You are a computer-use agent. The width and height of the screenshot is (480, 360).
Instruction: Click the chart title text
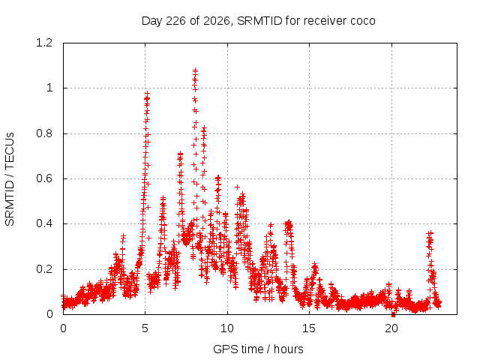point(258,21)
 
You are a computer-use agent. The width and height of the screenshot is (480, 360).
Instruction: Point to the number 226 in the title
point(175,21)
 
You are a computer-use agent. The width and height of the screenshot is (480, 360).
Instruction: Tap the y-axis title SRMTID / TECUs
point(10,179)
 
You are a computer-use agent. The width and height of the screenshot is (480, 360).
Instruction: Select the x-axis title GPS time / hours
point(258,349)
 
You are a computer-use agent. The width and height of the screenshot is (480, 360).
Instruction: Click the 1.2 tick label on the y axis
point(44,43)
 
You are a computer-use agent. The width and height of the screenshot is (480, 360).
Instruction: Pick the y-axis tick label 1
point(49,88)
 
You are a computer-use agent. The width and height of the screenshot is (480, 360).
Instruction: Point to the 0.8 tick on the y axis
point(44,133)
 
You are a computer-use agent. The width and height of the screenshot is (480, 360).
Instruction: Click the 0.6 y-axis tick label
point(44,178)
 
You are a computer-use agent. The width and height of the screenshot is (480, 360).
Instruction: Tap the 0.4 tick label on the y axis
point(44,223)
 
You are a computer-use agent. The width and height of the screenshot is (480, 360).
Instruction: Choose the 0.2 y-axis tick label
point(44,269)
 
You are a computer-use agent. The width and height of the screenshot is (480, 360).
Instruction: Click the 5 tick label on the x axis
point(145,328)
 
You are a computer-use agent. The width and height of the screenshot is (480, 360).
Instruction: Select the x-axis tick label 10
point(227,328)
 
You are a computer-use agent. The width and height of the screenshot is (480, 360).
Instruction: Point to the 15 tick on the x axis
point(309,328)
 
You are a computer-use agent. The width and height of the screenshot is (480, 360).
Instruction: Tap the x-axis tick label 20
point(391,328)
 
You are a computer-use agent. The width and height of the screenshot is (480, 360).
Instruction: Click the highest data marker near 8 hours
point(195,70)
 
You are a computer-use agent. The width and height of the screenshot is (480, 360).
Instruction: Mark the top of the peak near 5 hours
point(148,93)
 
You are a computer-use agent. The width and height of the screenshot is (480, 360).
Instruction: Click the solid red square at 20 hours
point(393,315)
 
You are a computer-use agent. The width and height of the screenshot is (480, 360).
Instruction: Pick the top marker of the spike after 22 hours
point(430,233)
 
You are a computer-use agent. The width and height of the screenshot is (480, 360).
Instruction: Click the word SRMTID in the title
point(260,21)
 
